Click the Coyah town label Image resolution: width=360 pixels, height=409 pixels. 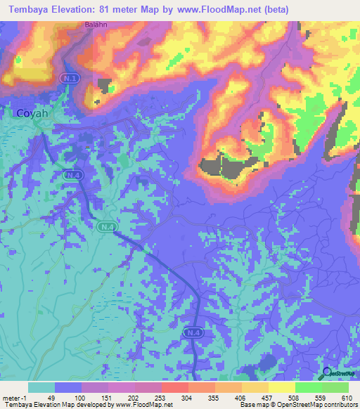tap(32, 112)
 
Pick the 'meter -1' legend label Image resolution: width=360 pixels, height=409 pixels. tap(15, 398)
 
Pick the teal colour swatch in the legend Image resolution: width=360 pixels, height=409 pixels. tap(41, 387)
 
